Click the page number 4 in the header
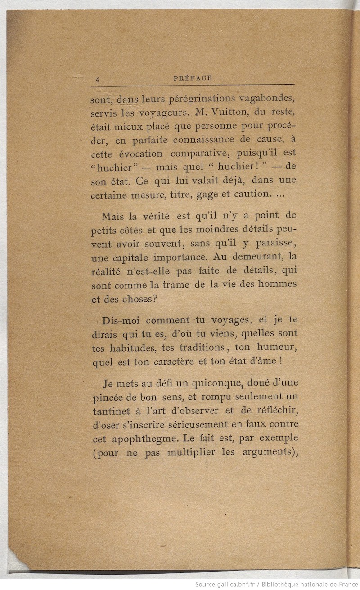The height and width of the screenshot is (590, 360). (x=97, y=78)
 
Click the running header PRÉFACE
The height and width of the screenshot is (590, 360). (x=193, y=78)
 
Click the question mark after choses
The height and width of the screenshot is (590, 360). (x=153, y=299)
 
